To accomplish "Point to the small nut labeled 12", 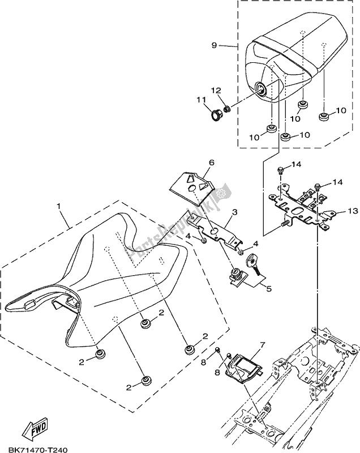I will pyautogui.click(x=228, y=108).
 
